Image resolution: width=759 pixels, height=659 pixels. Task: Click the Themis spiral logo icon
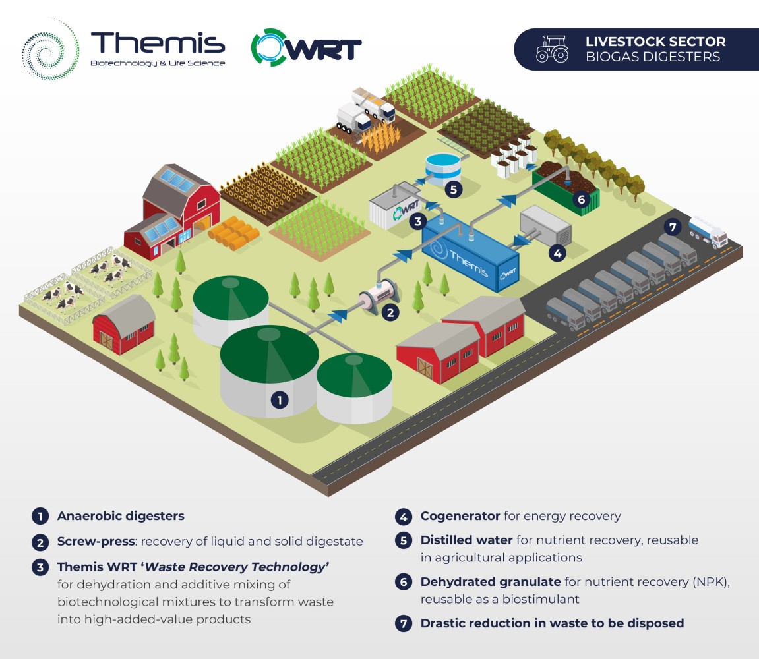click(50, 49)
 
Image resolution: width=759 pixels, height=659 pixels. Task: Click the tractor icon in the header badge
click(553, 49)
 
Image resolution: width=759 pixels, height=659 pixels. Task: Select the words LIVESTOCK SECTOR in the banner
click(655, 42)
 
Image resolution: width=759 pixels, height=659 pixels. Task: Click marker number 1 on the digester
click(280, 400)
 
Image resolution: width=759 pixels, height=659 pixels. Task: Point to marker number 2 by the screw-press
click(390, 312)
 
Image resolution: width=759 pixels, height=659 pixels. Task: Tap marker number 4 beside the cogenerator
click(557, 253)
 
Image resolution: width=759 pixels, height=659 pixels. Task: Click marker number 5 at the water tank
click(453, 189)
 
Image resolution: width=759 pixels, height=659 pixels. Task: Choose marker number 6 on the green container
click(582, 199)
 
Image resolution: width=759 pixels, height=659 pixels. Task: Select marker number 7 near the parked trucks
click(673, 227)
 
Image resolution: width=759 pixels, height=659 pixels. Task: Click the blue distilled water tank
click(442, 167)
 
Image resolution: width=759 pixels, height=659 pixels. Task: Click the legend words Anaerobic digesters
click(121, 516)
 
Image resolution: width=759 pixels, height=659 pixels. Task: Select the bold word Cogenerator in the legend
click(460, 516)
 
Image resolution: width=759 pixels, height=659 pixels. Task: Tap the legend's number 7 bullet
click(404, 623)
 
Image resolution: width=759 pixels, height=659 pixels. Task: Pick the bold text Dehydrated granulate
click(491, 582)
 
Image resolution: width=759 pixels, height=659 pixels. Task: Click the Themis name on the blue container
click(468, 263)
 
